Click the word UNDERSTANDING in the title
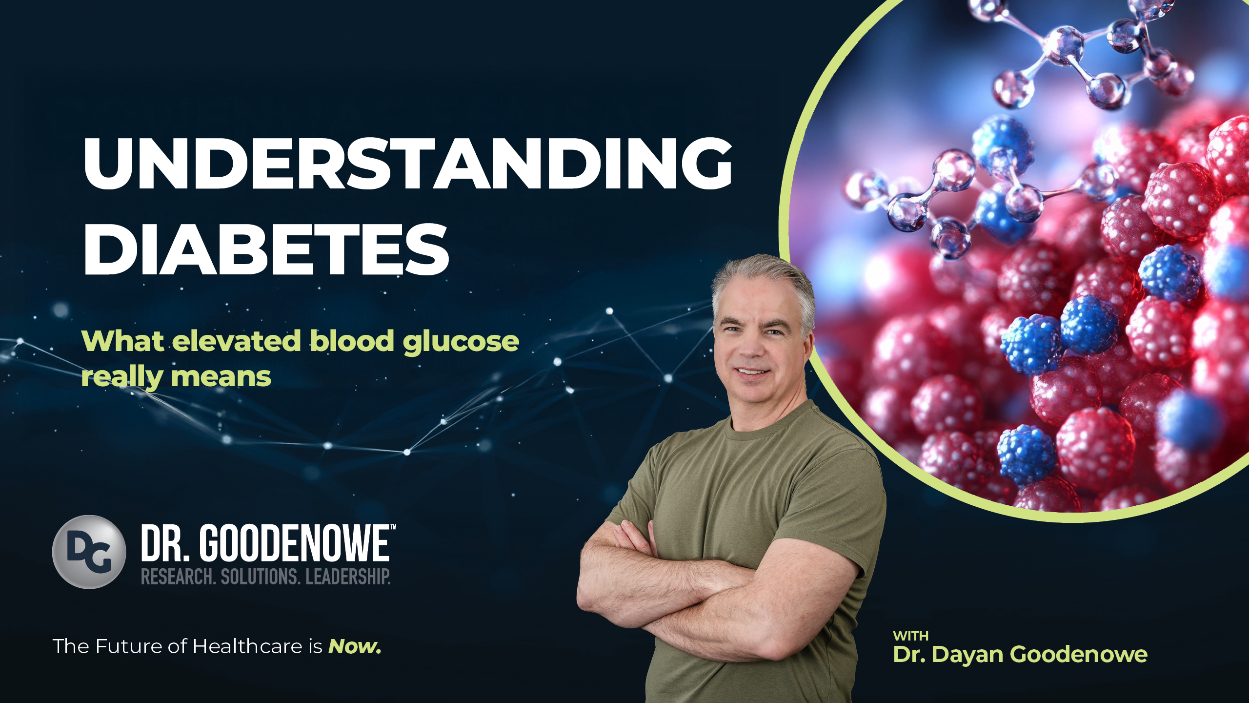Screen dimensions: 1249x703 click(408, 163)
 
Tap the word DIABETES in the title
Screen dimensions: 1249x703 click(266, 249)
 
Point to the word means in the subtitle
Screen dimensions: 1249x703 click(221, 377)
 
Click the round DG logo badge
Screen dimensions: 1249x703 click(89, 552)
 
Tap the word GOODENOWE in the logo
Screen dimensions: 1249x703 click(295, 543)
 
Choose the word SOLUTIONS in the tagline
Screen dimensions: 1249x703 click(260, 577)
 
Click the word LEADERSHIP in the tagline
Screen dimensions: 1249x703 click(348, 577)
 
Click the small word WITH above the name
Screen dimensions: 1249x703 click(910, 636)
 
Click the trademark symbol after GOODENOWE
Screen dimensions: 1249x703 click(393, 527)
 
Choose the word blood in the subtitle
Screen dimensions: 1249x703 click(352, 340)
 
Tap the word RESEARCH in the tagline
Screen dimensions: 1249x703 click(178, 577)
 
